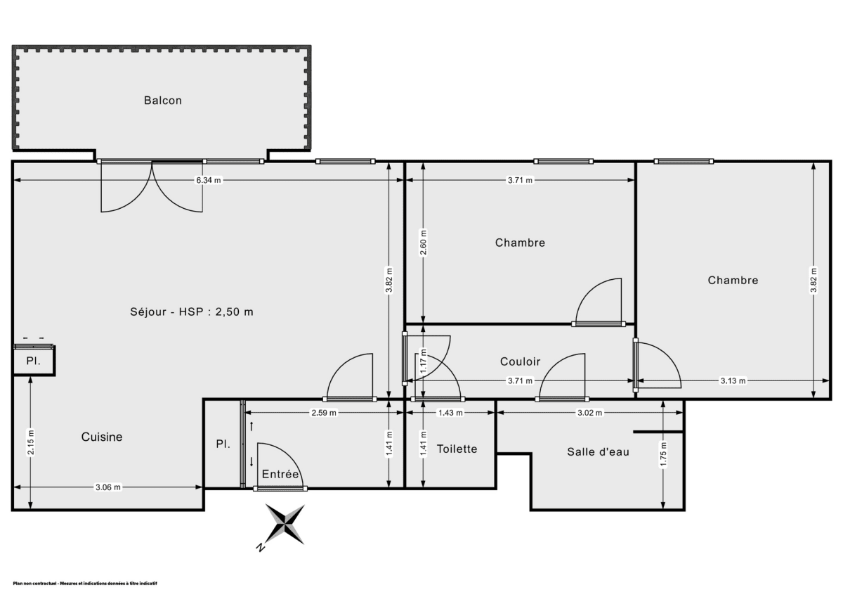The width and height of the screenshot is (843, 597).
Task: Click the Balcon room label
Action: [x=163, y=101]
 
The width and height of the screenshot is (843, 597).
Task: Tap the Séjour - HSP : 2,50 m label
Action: [x=192, y=312]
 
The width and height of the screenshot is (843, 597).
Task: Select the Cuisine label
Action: [x=102, y=437]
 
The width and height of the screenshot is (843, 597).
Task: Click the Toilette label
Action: [x=457, y=449]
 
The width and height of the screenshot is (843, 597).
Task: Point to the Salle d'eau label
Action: [x=598, y=451]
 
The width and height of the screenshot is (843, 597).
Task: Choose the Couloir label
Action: [x=521, y=361]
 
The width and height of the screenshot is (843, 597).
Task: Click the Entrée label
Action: [x=280, y=475]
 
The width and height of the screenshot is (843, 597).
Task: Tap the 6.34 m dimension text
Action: [x=209, y=180]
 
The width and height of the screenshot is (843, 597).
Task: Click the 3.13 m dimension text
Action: [x=733, y=381]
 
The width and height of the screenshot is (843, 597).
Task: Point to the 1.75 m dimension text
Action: [x=664, y=456]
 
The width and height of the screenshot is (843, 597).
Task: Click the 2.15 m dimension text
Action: [x=32, y=443]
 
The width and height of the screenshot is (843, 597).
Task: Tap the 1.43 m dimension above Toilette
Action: [x=450, y=413]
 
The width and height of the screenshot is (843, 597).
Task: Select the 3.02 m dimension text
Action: [x=589, y=413]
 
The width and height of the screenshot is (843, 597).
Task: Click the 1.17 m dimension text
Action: [x=424, y=361]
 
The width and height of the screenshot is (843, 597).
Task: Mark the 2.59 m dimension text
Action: [x=324, y=413]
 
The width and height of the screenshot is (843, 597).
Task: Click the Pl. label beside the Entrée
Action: [x=223, y=444]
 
